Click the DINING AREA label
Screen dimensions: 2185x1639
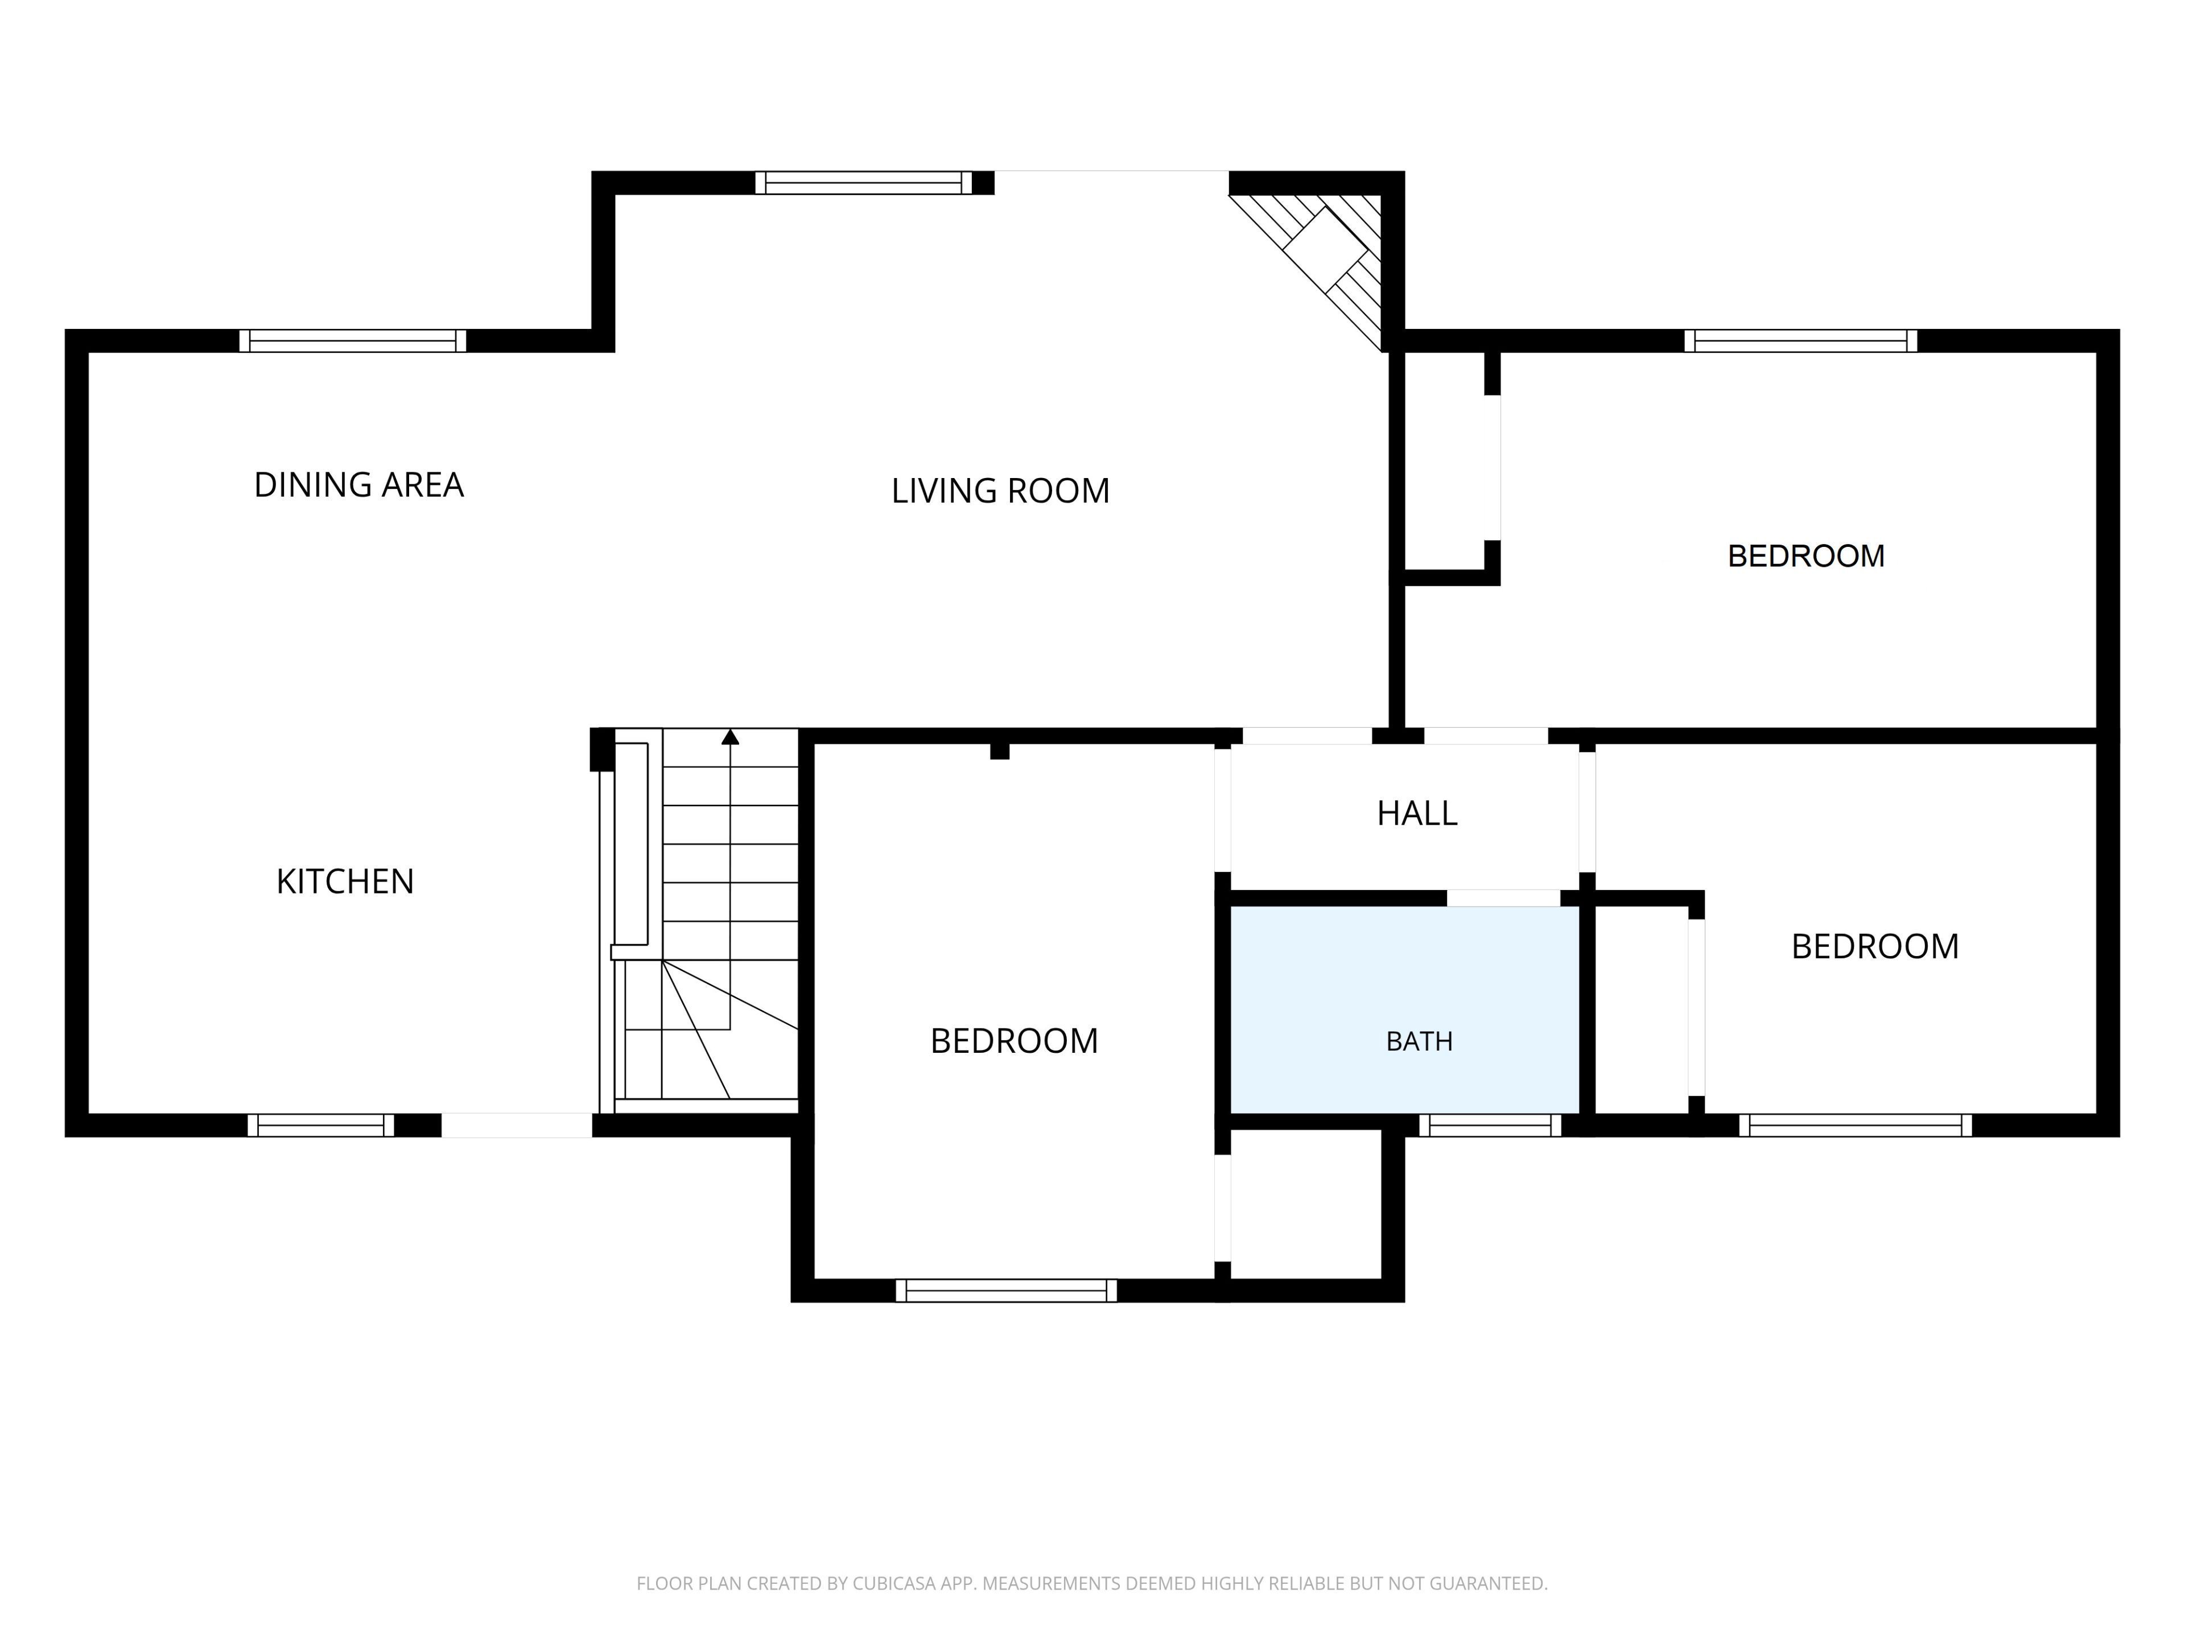pyautogui.click(x=358, y=485)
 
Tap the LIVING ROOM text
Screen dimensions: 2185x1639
pyautogui.click(x=1001, y=491)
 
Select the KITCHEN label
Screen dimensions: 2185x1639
pyautogui.click(x=345, y=881)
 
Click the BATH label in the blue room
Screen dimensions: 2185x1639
pyautogui.click(x=1420, y=1041)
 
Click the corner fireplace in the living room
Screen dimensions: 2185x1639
pyautogui.click(x=1314, y=262)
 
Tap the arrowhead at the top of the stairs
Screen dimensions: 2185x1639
pyautogui.click(x=730, y=736)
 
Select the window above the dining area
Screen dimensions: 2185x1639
pyautogui.click(x=353, y=341)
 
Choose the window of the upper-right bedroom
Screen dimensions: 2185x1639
pyautogui.click(x=1801, y=341)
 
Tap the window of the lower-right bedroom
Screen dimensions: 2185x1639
pyautogui.click(x=1855, y=1125)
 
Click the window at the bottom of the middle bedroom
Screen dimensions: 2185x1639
pyautogui.click(x=1007, y=1290)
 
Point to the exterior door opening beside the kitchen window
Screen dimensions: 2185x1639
pyautogui.click(x=517, y=1125)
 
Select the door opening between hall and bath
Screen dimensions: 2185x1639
pyautogui.click(x=1503, y=898)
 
